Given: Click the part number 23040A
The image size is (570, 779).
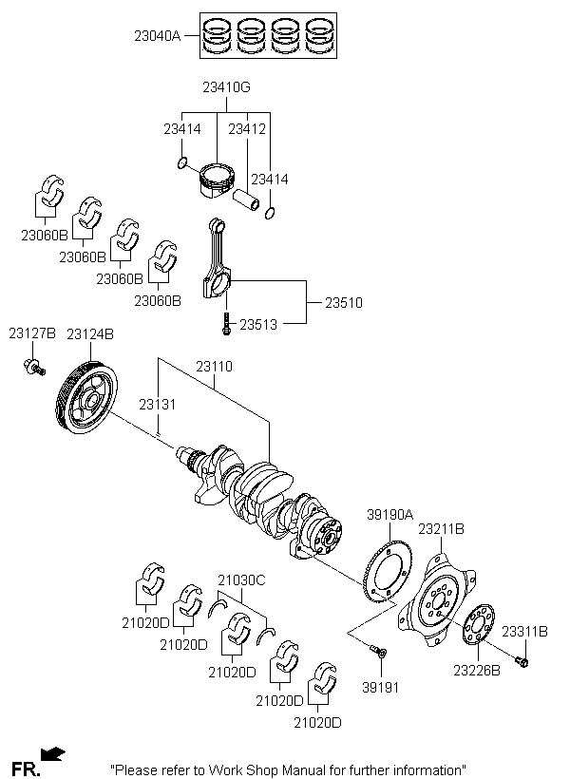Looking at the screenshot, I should click(x=158, y=36).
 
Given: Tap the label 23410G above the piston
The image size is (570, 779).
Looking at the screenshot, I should click(x=226, y=87).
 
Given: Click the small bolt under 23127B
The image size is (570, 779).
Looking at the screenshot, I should click(x=34, y=367).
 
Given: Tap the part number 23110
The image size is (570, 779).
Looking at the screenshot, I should click(x=214, y=367).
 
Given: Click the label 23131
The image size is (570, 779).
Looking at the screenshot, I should click(x=158, y=405).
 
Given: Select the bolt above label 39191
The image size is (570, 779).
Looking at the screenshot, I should click(x=379, y=653).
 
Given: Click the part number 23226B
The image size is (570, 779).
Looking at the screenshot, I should click(x=476, y=671).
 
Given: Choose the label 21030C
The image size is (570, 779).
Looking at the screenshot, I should click(x=241, y=580).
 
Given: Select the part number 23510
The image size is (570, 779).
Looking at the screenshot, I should click(x=344, y=303).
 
